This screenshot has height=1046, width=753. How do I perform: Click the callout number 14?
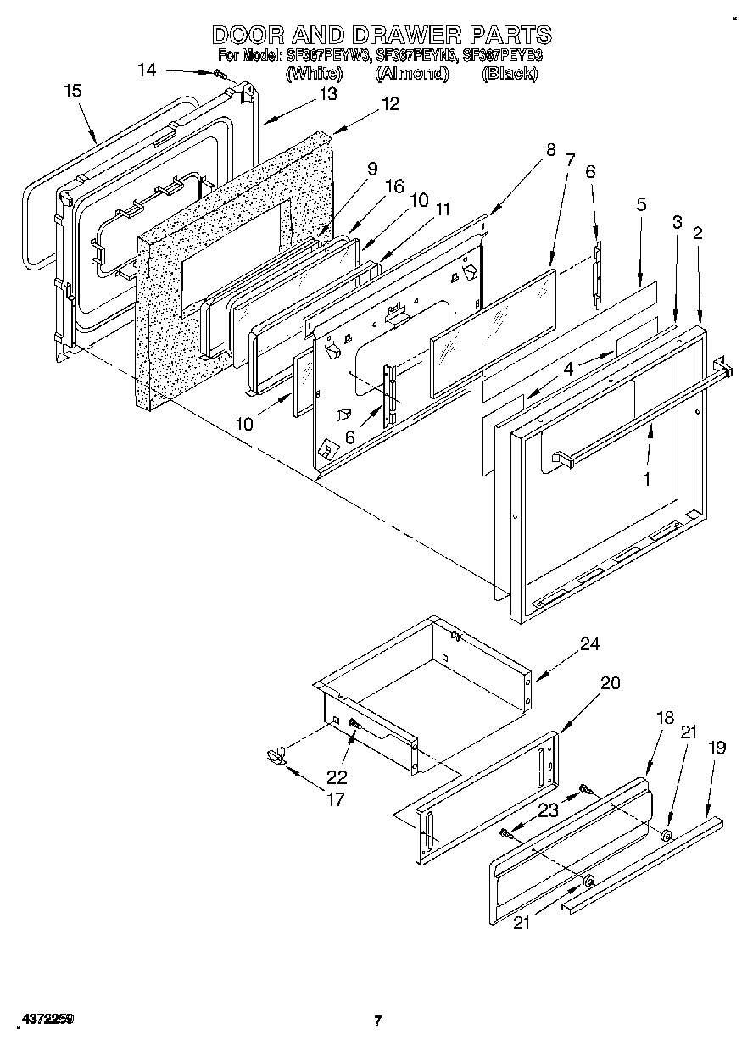point(147,70)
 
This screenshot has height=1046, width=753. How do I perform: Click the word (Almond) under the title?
point(411,73)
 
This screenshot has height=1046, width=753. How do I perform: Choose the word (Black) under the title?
point(509,73)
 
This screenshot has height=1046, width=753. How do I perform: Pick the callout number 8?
point(551,150)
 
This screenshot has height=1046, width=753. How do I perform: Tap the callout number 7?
point(570,160)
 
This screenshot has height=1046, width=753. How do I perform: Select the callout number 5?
point(641,204)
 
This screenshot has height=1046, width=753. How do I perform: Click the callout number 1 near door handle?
point(646,479)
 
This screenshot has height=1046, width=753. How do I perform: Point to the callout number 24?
point(589,644)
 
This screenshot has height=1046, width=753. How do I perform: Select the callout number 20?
point(610,683)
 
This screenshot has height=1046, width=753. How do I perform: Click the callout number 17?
point(336,798)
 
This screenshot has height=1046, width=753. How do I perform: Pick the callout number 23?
point(549,810)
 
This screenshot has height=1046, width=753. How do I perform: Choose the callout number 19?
point(717,748)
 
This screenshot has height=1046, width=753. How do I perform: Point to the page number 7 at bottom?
point(378,1021)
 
